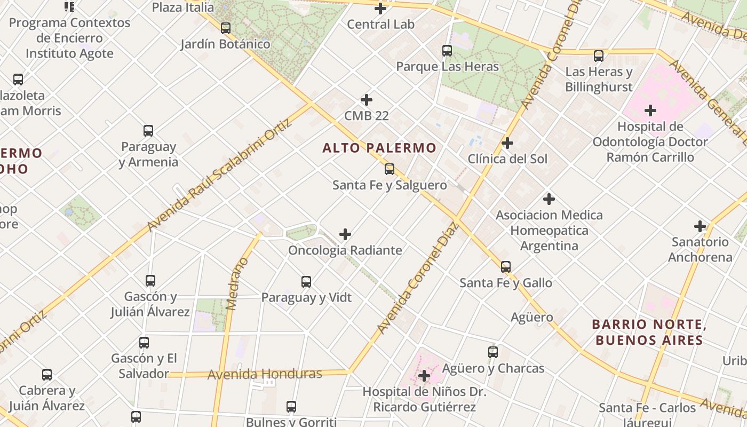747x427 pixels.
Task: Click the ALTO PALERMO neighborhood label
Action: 379,148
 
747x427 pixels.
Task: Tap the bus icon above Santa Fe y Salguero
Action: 390,169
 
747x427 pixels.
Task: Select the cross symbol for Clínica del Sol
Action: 507,143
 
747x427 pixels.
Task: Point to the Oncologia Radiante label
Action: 345,250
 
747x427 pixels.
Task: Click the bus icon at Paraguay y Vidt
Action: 306,281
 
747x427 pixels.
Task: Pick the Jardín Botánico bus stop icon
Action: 226,28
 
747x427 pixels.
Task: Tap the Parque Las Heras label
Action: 447,67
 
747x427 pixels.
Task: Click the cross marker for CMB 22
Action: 367,100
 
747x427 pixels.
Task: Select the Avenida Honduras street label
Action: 265,374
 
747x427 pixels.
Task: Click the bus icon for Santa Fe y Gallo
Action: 506,266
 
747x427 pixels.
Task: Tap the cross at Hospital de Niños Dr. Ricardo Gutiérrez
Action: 424,376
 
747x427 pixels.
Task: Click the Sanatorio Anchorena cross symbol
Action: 700,226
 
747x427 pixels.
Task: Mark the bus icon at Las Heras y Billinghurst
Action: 599,56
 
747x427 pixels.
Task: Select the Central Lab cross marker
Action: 380,9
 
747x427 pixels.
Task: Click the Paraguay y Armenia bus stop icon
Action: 148,131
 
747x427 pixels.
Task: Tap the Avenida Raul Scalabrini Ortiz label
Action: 219,175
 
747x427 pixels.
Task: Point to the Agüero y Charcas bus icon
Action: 493,352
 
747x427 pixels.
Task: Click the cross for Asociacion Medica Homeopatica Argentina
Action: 549,199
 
